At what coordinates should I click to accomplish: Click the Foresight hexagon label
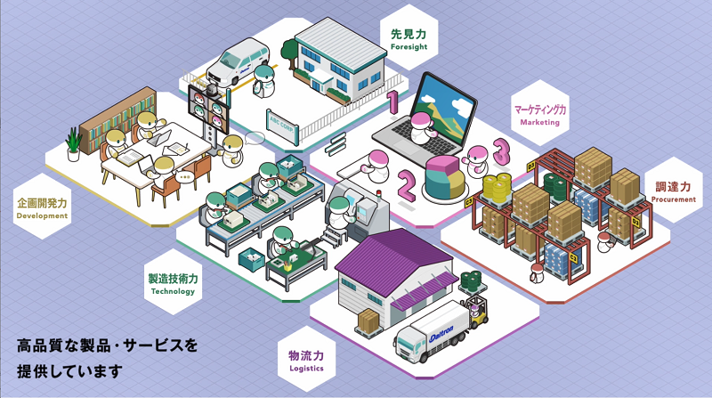[x=409, y=38]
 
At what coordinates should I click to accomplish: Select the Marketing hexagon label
[x=539, y=114]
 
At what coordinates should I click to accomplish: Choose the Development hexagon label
[x=42, y=208]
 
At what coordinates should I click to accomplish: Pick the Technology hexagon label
[x=173, y=283]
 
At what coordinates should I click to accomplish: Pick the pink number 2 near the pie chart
[x=407, y=185]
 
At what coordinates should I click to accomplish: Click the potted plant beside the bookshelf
[x=73, y=142]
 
